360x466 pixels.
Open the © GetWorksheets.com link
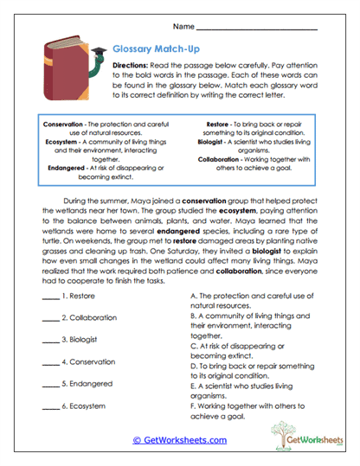pyautogui.click(x=179, y=440)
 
